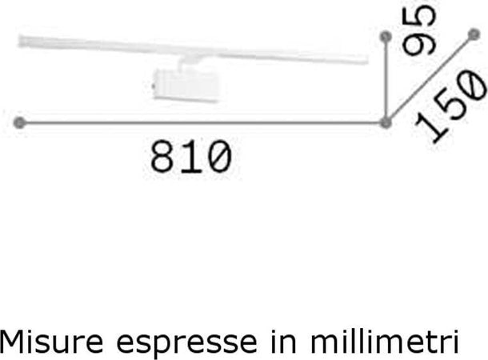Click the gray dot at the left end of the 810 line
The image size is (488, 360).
[x=20, y=122]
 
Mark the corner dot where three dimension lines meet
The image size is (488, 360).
[x=386, y=122]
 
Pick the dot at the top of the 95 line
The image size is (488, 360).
[x=386, y=37]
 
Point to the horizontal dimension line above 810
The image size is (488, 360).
[x=200, y=122]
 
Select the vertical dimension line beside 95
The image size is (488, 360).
[x=386, y=80]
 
